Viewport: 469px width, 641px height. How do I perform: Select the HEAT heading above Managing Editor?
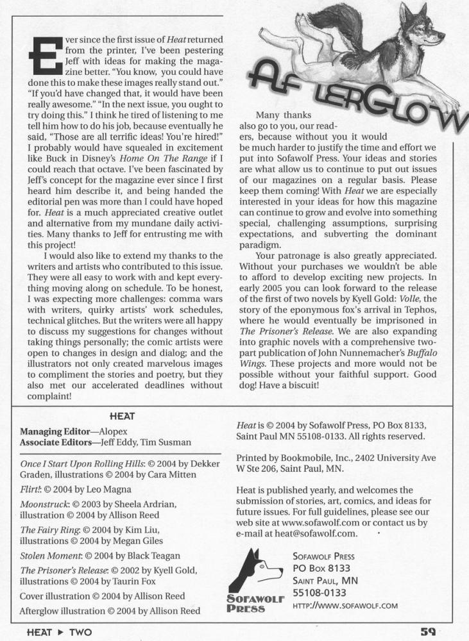click(122, 416)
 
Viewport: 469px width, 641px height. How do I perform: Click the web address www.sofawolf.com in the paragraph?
click(309, 522)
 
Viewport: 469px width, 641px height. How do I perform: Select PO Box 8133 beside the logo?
click(321, 568)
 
